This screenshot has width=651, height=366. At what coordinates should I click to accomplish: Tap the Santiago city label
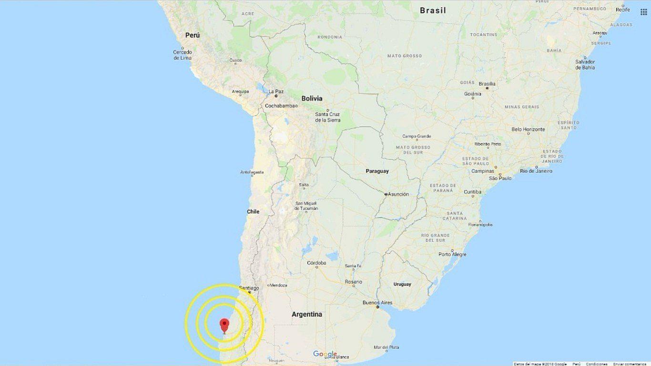tap(249, 288)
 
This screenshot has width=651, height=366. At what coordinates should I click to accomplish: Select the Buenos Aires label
tap(377, 303)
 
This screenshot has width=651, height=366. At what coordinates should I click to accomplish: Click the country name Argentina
tap(306, 314)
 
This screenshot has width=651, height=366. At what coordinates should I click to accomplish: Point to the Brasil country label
tap(433, 10)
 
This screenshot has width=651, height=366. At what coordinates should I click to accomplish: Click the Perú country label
tap(193, 35)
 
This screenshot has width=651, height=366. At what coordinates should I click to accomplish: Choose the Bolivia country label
tap(312, 99)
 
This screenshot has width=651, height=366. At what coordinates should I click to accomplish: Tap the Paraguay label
tap(377, 171)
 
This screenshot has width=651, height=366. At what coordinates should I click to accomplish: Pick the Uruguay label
tap(402, 284)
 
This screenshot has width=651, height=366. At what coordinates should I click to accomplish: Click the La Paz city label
tap(276, 91)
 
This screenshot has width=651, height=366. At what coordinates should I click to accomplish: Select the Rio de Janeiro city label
tap(536, 171)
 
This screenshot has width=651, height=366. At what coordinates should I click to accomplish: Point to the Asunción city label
tap(398, 194)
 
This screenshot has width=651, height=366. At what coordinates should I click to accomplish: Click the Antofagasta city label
tap(252, 172)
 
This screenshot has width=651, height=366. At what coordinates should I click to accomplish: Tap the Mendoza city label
tap(278, 285)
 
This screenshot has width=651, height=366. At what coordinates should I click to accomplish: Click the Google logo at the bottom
tap(325, 354)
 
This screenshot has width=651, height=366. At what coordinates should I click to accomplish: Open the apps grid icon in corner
tap(643, 12)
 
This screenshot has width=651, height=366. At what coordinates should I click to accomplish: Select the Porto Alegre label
tap(452, 254)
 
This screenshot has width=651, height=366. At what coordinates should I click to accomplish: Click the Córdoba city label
tap(316, 263)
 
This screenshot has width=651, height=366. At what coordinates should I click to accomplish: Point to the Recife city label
tap(636, 10)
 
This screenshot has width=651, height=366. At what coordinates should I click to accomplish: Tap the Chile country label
tap(253, 212)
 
